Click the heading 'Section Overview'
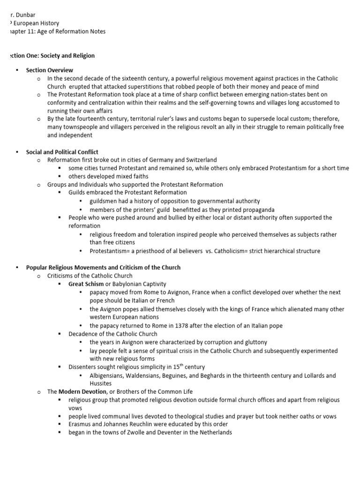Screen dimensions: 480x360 (x=43, y=70)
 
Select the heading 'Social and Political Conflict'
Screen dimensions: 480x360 (x=62, y=152)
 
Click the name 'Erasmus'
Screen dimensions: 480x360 (x=80, y=425)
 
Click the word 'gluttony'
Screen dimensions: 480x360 (x=255, y=342)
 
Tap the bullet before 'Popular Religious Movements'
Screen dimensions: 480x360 (x=17, y=268)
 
